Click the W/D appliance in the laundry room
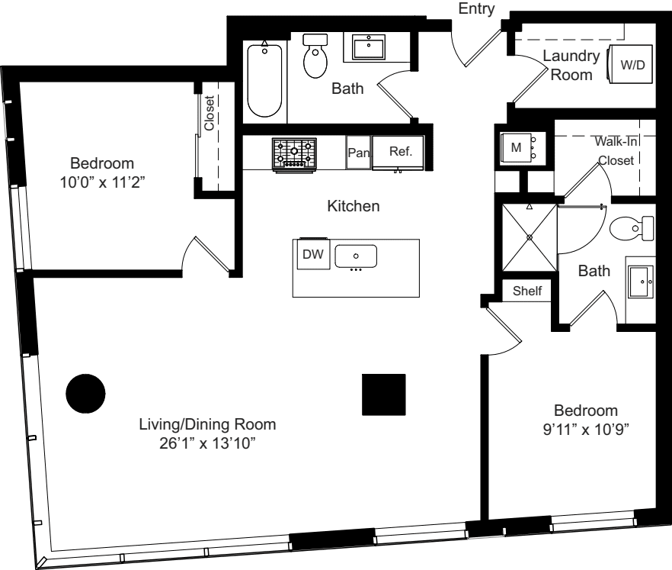[x=632, y=66]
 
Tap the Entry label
[x=476, y=8]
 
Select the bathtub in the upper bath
[x=264, y=81]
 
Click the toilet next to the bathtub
[x=314, y=56]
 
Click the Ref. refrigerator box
[x=400, y=152]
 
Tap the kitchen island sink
[x=356, y=256]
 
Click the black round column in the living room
[x=85, y=394]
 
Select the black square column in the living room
[x=384, y=394]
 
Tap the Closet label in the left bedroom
[x=210, y=113]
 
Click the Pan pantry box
[x=358, y=153]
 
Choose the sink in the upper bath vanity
[x=372, y=47]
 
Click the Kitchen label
[x=353, y=205]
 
